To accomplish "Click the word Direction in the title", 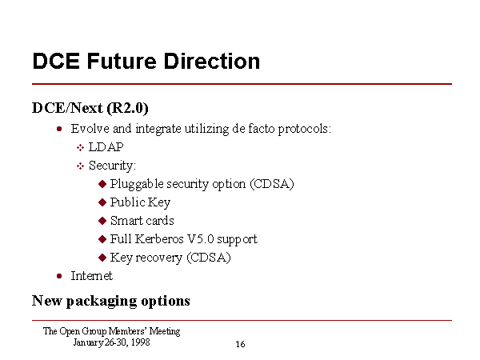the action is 212,62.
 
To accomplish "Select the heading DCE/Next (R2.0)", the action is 90,108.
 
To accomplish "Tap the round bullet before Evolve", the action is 59,129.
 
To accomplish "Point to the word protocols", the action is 305,129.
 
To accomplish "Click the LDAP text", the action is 106,147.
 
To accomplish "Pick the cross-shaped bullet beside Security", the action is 80,166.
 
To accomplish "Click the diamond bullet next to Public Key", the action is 102,202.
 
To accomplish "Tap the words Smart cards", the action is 142,221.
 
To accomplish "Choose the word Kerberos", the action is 159,239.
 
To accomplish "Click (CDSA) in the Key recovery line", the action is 209,258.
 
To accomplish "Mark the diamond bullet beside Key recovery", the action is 102,258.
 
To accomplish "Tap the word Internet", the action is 92,276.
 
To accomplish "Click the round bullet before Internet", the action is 59,276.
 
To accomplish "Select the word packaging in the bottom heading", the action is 102,302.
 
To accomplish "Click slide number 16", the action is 240,344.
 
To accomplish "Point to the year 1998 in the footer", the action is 141,342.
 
